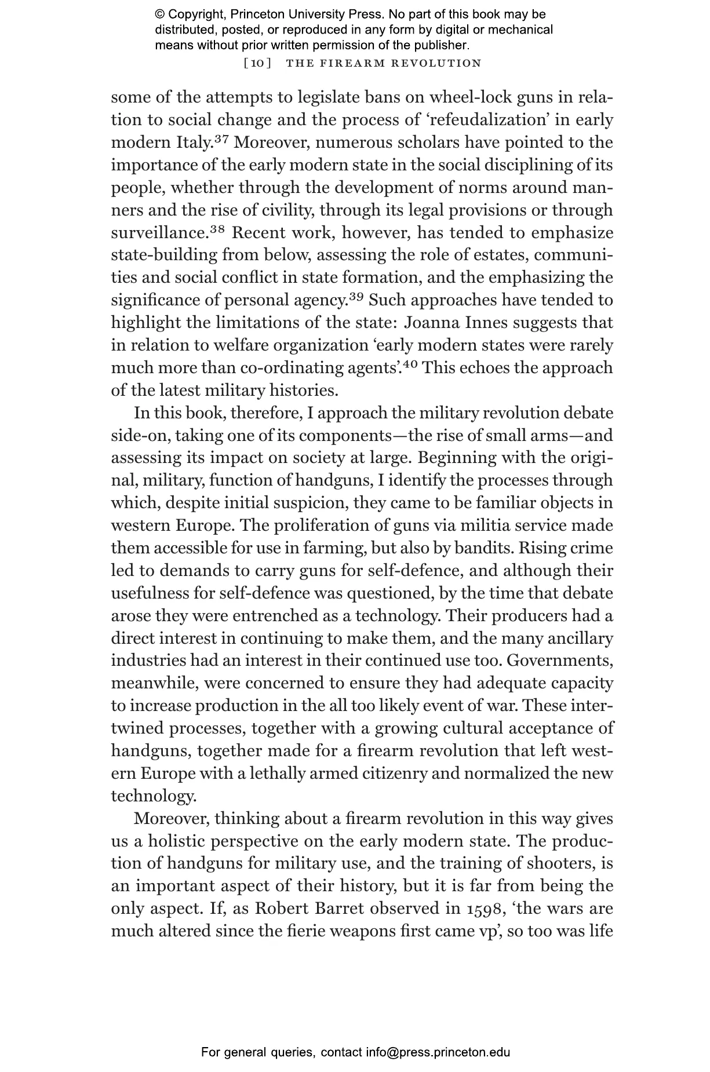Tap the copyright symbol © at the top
click(x=160, y=14)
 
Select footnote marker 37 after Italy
click(x=223, y=139)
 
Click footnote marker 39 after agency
click(x=356, y=297)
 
